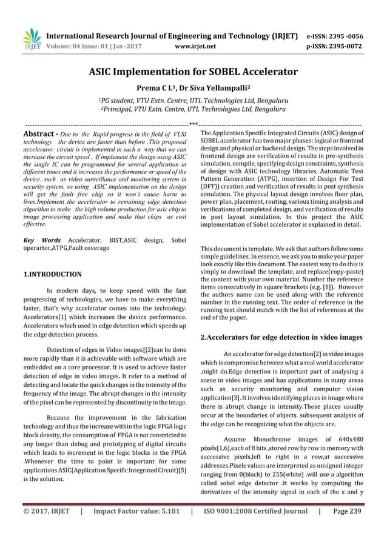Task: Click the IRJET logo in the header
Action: tap(31, 39)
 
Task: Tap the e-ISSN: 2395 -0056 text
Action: tap(333, 36)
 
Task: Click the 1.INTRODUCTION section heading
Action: tap(52, 274)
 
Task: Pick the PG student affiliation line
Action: tap(193, 100)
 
